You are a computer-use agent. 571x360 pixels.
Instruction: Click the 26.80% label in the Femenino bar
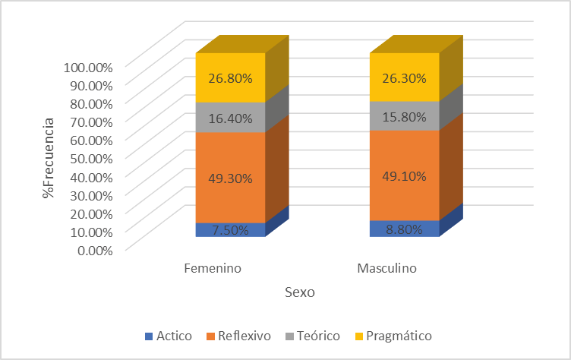230,77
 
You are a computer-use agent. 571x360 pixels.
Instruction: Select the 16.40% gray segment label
230,118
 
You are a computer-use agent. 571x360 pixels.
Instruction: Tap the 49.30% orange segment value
230,178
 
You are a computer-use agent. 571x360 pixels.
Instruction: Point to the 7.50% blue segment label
230,230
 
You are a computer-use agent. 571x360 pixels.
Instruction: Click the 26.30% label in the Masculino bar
405,77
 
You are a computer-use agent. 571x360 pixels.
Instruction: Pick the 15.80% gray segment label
405,116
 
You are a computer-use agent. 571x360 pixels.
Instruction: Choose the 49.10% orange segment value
405,176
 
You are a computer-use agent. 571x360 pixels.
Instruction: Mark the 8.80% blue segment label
405,229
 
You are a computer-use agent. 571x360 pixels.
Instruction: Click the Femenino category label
213,269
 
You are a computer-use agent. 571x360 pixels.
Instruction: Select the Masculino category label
386,269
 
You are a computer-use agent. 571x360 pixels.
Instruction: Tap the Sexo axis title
300,292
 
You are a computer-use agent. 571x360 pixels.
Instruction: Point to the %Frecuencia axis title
49,157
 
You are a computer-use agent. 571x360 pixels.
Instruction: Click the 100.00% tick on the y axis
88,66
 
